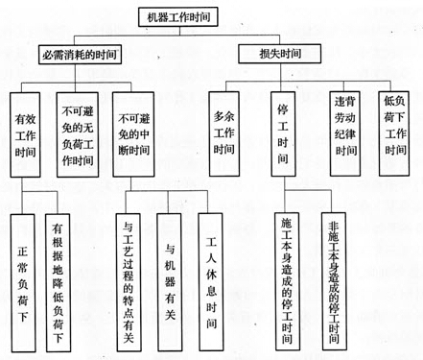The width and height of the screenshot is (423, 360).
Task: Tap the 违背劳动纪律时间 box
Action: [345, 132]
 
